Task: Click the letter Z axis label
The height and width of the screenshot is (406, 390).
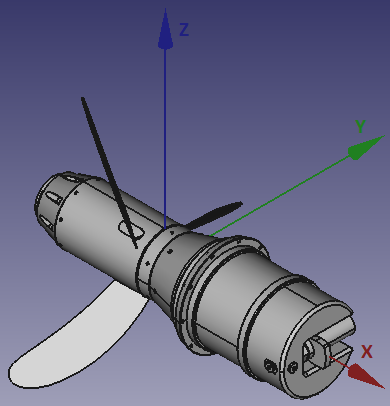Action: pos(184,30)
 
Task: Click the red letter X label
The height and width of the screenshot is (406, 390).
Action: pos(367,351)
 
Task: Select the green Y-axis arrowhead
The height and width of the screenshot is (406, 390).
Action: pos(360,151)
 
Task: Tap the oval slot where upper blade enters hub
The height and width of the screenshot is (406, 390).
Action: pos(129,232)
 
